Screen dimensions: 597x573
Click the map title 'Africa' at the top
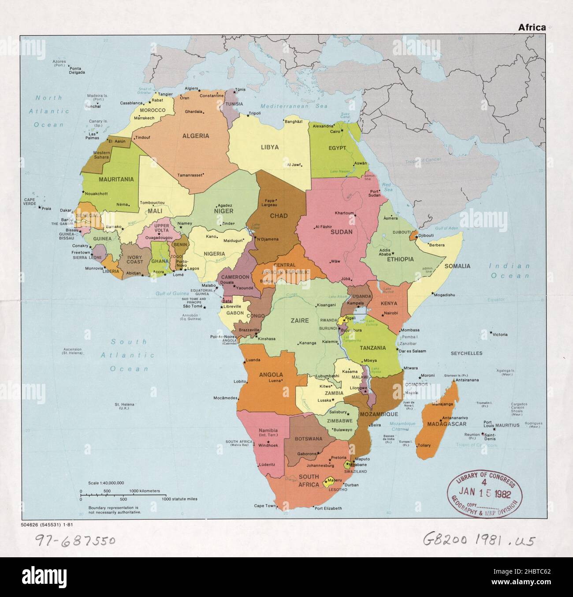[532, 27]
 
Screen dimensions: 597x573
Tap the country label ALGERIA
[196, 136]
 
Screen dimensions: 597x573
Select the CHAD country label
[279, 216]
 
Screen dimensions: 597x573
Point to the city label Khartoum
[344, 213]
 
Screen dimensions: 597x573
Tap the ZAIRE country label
[299, 320]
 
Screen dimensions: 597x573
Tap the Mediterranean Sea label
[294, 106]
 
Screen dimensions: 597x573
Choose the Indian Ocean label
[509, 271]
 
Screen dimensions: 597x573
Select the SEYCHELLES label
[466, 353]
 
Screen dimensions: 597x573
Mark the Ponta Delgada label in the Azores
[78, 71]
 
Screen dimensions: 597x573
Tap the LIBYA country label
[269, 147]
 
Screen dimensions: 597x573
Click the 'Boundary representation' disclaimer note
[114, 510]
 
